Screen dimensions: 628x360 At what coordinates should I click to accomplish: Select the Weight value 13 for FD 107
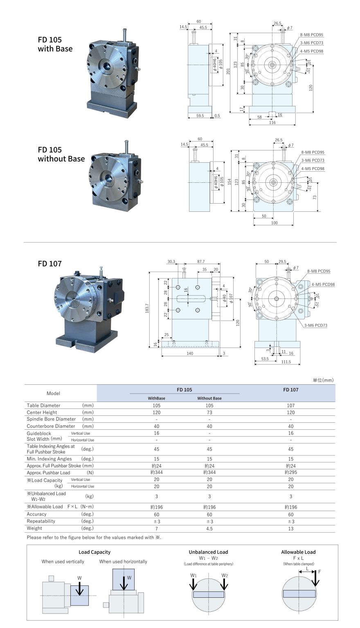pos(291,528)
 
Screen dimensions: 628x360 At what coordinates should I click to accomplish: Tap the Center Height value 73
pos(209,412)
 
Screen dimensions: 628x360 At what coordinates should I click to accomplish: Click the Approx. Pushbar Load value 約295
pos(290,473)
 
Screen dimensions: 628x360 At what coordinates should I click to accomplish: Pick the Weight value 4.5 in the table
pos(209,528)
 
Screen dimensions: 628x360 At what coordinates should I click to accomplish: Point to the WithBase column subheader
pos(156,398)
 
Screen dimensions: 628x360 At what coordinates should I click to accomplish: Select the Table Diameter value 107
pos(291,405)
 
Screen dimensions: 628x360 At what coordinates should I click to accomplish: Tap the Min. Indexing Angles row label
pos(49,459)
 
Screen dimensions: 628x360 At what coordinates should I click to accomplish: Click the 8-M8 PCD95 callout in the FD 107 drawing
pos(319,271)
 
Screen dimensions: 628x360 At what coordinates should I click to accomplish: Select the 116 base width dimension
pos(272,123)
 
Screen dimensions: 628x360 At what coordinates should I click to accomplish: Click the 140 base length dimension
pos(190,353)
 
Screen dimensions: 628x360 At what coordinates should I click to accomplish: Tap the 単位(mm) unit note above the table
pos(323,380)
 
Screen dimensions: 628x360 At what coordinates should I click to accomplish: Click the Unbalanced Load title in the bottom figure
pos(208,552)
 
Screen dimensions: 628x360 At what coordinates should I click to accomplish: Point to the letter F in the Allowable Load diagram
pos(319,571)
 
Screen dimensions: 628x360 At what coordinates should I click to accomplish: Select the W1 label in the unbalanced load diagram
pos(193,575)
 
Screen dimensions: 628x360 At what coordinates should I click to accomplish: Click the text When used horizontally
pos(123,561)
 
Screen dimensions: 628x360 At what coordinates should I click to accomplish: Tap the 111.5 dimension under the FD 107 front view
pos(286,362)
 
